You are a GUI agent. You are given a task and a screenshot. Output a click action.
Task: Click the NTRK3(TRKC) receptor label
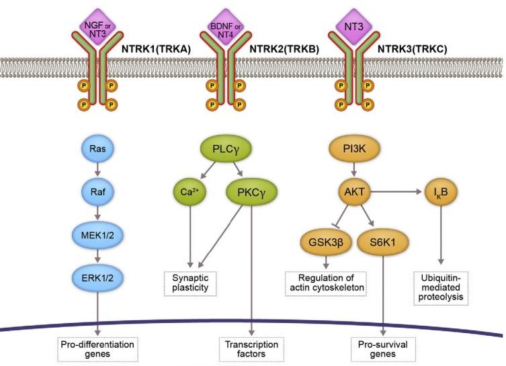417,49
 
